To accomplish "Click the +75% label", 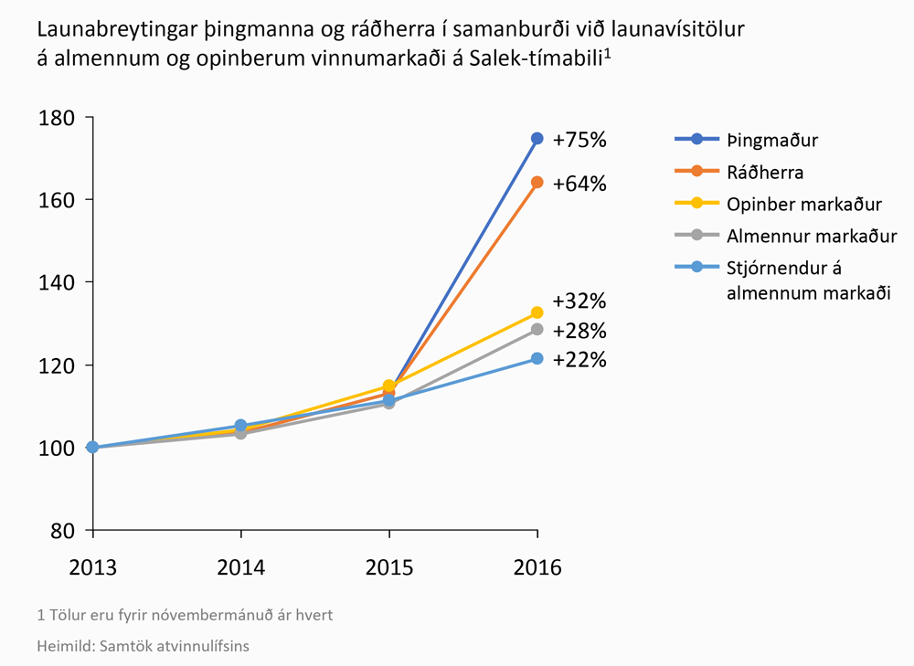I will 579,140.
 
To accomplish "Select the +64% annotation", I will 579,184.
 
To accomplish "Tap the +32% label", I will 579,301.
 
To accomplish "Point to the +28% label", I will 579,331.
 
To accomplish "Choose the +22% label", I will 579,359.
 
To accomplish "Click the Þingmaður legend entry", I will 772,140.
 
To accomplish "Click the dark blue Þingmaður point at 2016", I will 537,139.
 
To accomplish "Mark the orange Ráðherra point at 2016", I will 537,183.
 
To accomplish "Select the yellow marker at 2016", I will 537,313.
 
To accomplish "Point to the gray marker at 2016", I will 537,329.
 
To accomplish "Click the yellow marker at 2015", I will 388,386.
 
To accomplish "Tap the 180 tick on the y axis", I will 56,118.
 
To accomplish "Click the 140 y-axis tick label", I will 56,282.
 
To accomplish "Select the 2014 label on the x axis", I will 240,567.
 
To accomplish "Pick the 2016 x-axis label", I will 537,567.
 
